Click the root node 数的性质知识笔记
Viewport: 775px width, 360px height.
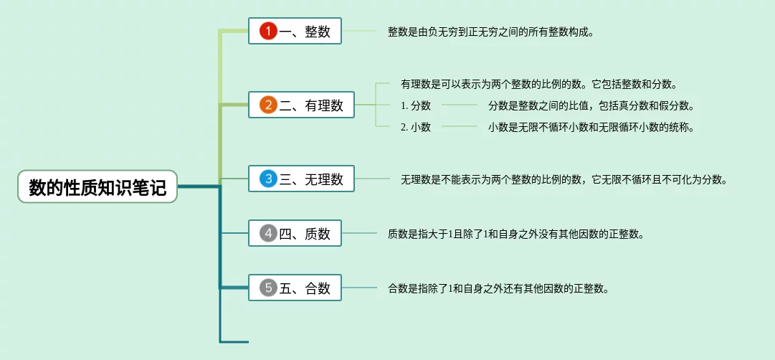tap(98, 187)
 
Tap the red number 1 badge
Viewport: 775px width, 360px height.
tap(268, 32)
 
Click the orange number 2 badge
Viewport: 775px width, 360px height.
tap(268, 105)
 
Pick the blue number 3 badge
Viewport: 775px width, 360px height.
tap(268, 179)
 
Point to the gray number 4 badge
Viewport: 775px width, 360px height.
tap(268, 233)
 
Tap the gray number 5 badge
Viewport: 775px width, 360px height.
tap(268, 288)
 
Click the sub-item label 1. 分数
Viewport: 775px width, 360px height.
tap(416, 105)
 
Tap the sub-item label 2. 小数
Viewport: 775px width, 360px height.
tap(416, 127)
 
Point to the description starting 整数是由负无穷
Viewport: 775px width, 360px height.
tap(490, 32)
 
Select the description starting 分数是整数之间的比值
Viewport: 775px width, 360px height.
tap(591, 105)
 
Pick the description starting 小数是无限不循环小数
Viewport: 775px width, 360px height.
tap(591, 127)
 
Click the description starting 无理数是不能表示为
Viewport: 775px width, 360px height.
tap(564, 179)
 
